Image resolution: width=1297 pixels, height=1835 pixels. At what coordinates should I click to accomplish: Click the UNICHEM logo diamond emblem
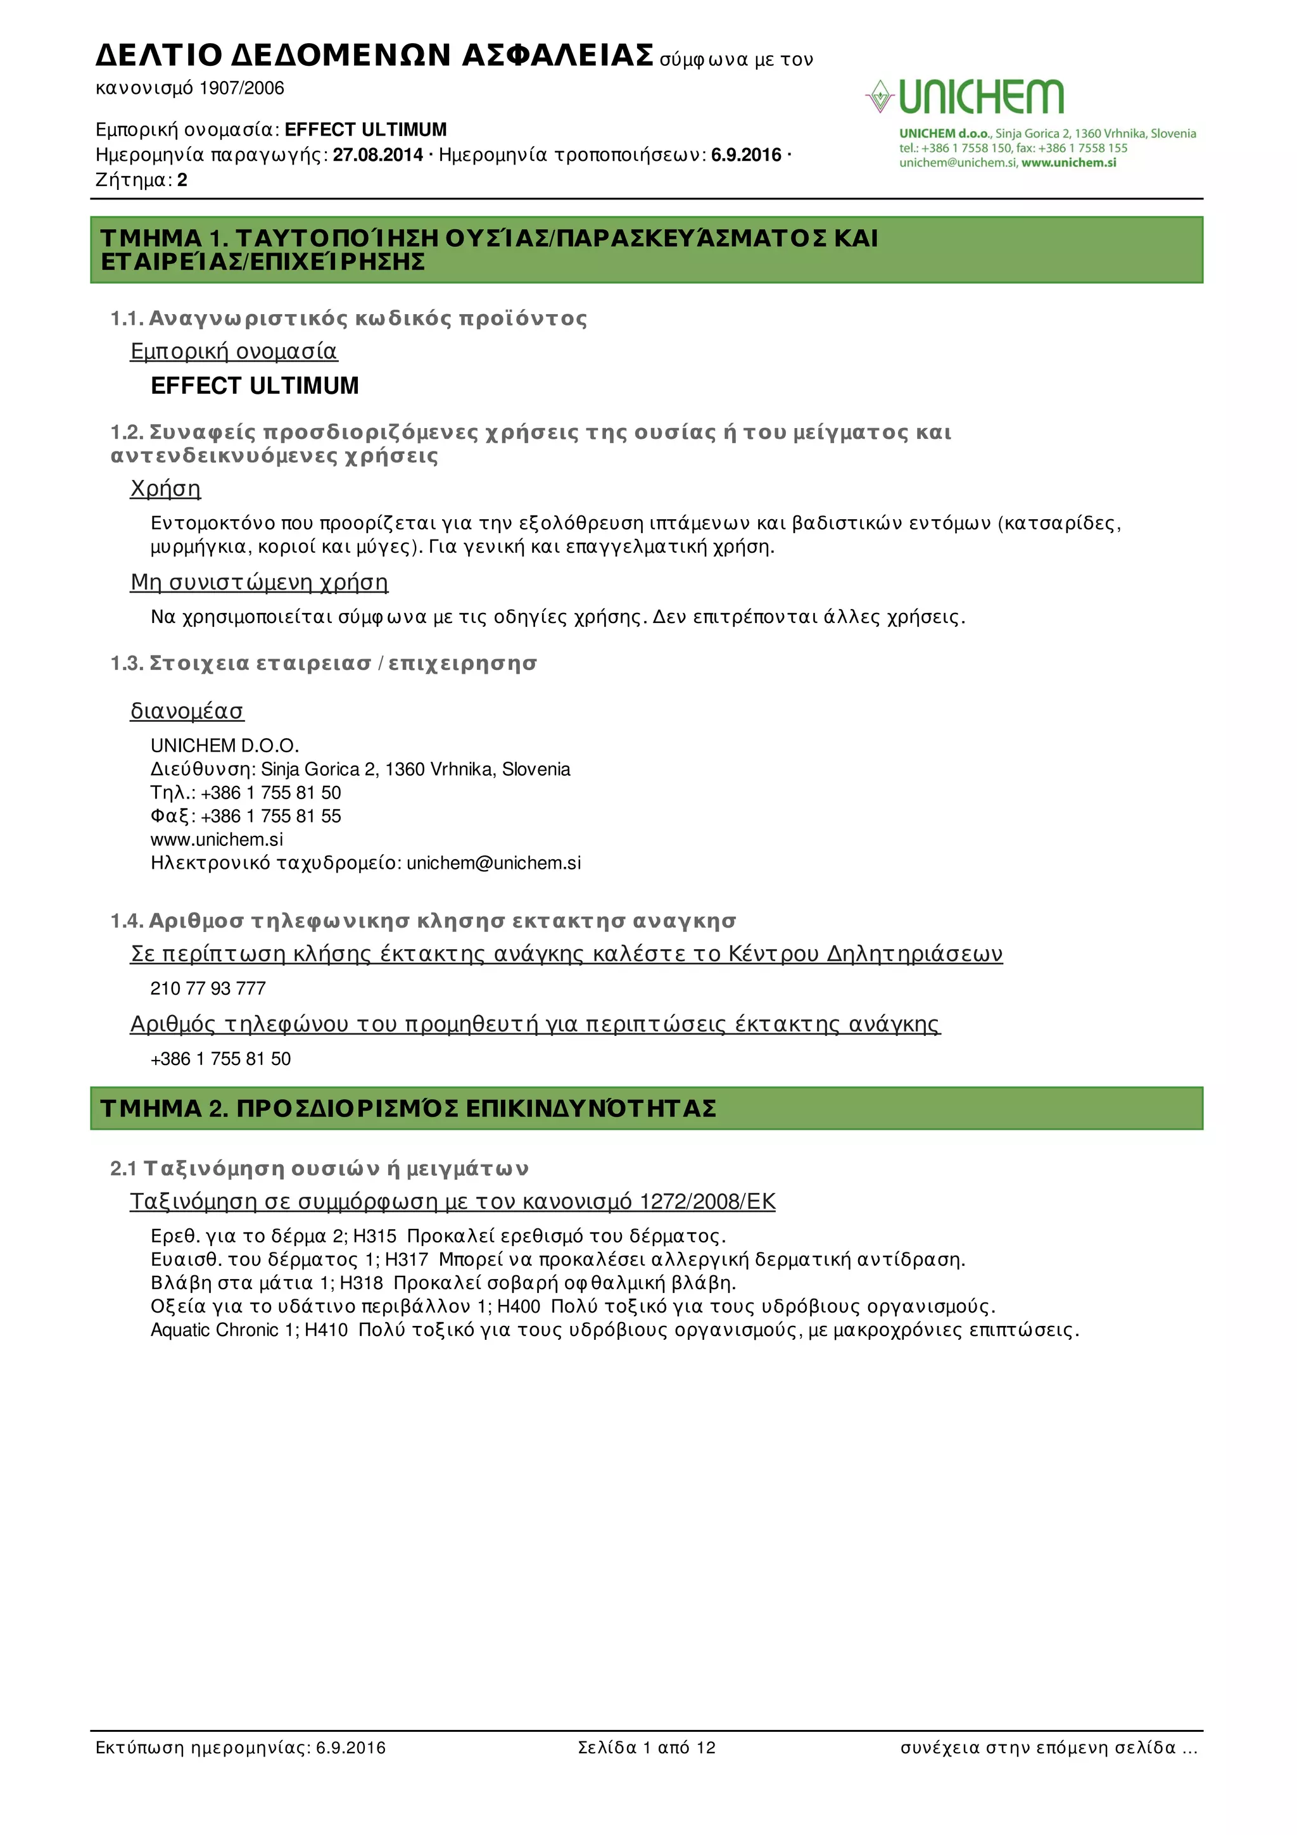click(879, 96)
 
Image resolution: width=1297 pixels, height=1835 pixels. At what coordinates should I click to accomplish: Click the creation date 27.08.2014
click(377, 155)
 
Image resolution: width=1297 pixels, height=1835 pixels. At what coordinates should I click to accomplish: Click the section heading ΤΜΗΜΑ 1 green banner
click(646, 249)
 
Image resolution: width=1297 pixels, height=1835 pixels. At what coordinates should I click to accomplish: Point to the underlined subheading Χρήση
click(165, 488)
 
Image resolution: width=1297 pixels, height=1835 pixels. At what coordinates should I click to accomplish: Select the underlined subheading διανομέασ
click(187, 710)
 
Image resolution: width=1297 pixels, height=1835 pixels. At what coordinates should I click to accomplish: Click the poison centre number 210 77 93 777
click(208, 988)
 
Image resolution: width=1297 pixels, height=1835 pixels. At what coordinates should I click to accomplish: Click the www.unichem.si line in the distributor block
click(217, 839)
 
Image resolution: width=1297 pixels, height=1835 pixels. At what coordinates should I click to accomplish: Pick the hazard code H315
click(374, 1237)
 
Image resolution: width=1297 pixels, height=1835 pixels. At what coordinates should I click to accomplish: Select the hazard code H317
click(407, 1259)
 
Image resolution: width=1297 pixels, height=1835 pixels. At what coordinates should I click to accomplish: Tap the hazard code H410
click(326, 1330)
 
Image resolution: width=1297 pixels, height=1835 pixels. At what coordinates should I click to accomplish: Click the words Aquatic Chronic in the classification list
click(214, 1330)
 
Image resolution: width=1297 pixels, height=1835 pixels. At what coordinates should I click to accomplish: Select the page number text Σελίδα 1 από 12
click(647, 1747)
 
